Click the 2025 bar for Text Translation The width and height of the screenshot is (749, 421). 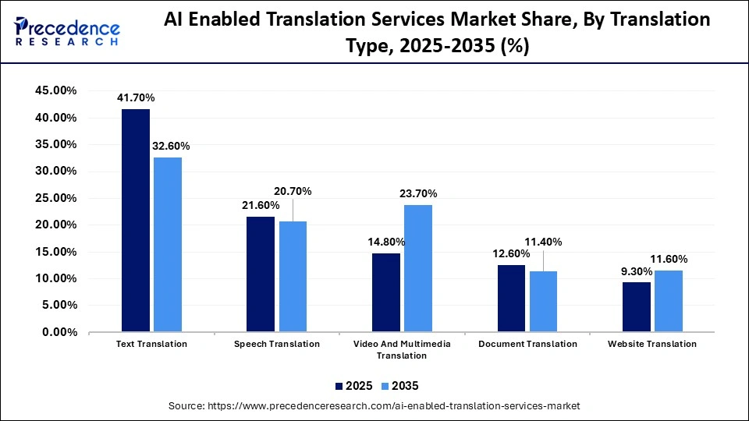[136, 221]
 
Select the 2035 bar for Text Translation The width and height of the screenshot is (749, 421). [168, 245]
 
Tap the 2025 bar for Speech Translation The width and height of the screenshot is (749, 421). [261, 274]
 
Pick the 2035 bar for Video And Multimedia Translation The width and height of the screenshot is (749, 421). [418, 268]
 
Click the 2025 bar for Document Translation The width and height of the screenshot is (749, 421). [511, 299]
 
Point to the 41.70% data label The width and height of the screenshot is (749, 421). [136, 98]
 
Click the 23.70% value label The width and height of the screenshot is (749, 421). [418, 193]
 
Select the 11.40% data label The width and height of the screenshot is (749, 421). [543, 242]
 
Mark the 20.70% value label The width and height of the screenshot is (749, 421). [293, 191]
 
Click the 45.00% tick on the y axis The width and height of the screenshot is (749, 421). [55, 91]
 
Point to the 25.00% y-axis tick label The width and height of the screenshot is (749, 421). [55, 198]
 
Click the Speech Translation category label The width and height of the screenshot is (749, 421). [276, 344]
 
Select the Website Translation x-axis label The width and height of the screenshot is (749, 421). [652, 344]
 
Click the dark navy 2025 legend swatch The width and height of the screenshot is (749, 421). [339, 386]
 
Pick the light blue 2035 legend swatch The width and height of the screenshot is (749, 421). [385, 386]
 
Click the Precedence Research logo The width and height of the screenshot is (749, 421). [67, 31]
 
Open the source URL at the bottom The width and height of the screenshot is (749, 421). [374, 406]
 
